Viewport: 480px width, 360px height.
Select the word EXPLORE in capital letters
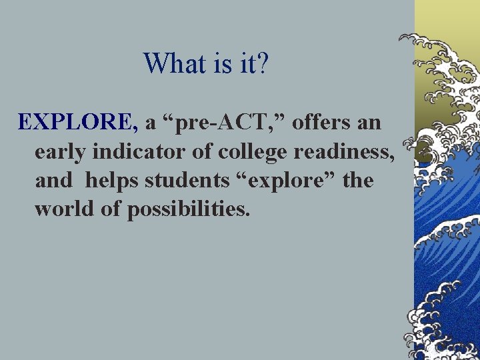click(77, 123)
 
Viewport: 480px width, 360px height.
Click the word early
click(61, 152)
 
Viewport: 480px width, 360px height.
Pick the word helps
click(111, 181)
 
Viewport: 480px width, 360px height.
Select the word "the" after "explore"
click(358, 181)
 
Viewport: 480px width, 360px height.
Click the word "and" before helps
click(51, 181)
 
